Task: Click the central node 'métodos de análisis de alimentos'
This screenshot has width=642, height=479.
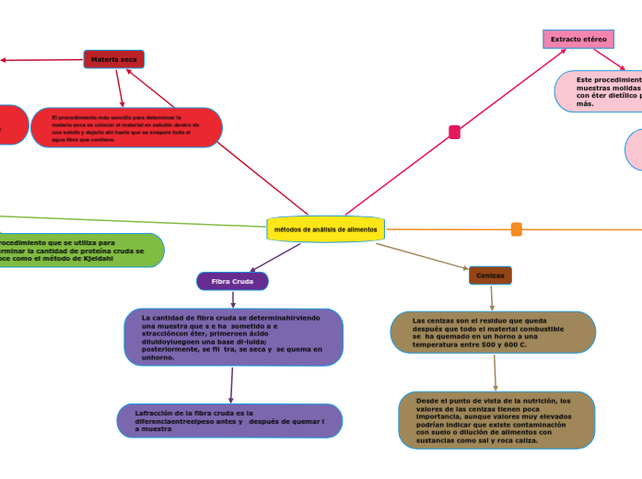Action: click(x=326, y=228)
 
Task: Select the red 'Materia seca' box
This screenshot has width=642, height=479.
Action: click(x=113, y=59)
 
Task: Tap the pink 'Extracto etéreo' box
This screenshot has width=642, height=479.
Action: click(x=578, y=39)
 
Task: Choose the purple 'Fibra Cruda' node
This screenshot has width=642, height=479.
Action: click(x=232, y=281)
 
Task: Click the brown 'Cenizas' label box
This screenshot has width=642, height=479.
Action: click(x=490, y=275)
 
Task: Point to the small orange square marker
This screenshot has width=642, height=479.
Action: click(x=517, y=229)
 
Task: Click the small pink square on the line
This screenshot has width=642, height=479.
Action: click(x=454, y=132)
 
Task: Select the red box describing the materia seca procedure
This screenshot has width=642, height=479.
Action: click(x=126, y=128)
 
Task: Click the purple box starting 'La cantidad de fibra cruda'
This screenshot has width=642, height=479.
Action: click(x=234, y=337)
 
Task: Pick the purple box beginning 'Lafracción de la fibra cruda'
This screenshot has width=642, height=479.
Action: click(x=229, y=421)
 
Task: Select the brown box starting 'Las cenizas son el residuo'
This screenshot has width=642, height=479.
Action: click(x=493, y=333)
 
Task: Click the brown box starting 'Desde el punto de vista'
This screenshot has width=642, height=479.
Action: click(x=496, y=421)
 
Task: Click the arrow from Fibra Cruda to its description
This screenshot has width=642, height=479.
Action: click(x=233, y=299)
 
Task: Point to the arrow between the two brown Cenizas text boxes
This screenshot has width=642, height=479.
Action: click(x=496, y=372)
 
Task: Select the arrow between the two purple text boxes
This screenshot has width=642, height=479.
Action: click(x=231, y=385)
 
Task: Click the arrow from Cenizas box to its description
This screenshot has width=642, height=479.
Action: click(x=492, y=298)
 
